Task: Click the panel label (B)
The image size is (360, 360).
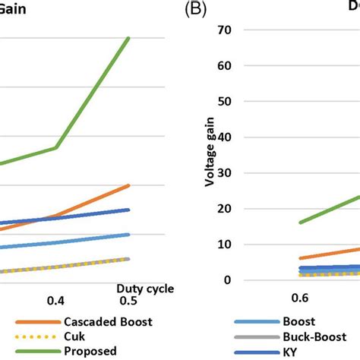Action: coord(198,10)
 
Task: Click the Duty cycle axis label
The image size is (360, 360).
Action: coord(145,288)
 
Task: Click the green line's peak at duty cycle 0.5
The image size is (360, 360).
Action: coord(128,38)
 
